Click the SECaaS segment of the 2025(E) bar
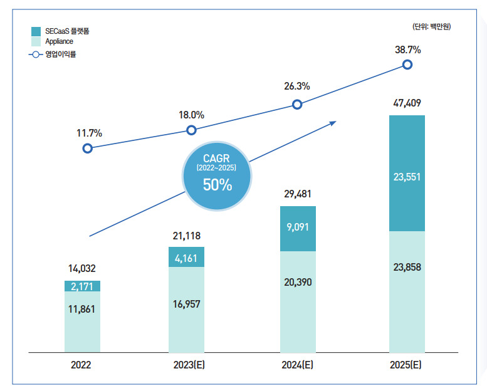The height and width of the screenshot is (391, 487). (407, 174)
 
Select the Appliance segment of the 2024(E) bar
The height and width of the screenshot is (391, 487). (298, 302)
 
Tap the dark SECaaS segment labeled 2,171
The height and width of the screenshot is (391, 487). (82, 286)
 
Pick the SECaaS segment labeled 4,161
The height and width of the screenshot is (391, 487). (186, 257)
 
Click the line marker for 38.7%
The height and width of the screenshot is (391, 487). (407, 65)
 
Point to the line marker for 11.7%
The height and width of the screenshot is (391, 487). (88, 149)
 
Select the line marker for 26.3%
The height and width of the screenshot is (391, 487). (297, 105)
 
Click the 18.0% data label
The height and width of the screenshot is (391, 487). (191, 115)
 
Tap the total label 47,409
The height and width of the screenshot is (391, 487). (407, 103)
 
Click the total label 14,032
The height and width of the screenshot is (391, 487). (82, 268)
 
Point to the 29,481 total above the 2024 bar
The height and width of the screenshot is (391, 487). (298, 194)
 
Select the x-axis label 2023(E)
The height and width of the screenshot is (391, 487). (189, 365)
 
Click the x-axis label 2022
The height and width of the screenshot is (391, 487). (81, 365)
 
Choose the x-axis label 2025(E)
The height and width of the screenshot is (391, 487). (406, 365)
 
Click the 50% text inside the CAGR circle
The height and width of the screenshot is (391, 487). (217, 185)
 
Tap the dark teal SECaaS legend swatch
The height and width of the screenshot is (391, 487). (36, 31)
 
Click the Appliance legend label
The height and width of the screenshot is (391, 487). (60, 41)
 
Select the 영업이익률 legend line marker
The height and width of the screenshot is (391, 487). (36, 55)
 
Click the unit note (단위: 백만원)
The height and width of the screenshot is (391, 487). (431, 26)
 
